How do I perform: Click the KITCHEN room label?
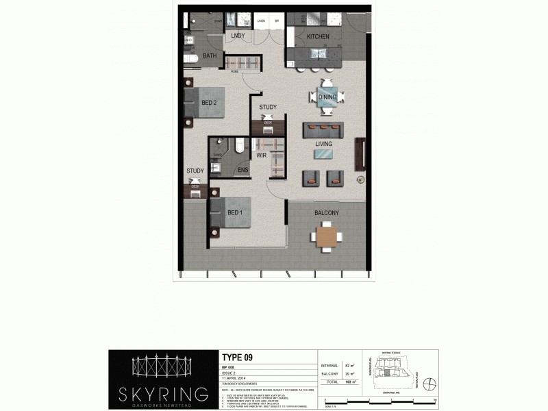click(318, 36)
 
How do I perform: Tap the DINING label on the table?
click(327, 97)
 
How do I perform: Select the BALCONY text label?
click(327, 213)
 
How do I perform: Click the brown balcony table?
click(327, 237)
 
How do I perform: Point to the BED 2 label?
click(209, 103)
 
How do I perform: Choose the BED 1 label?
click(235, 213)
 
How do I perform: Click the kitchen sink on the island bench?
click(319, 52)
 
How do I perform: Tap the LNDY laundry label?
click(238, 35)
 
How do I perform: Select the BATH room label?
click(210, 56)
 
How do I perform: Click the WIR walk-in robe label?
click(261, 156)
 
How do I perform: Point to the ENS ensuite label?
click(242, 170)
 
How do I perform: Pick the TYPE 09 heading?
click(240, 357)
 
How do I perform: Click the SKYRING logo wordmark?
click(162, 393)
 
